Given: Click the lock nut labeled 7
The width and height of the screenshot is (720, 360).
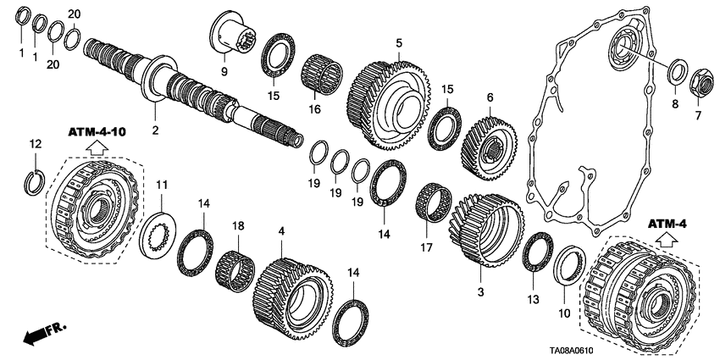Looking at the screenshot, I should [x=700, y=83].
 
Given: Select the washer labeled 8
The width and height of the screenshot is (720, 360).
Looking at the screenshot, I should [x=678, y=72].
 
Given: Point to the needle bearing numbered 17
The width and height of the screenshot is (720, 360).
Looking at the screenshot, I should [x=440, y=204].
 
